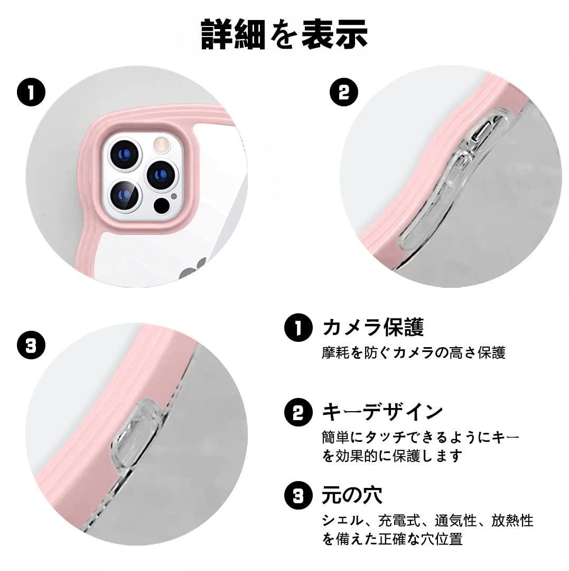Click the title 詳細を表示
tap(284, 35)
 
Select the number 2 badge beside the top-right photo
tap(343, 93)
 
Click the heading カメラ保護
tap(373, 328)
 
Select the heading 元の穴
tap(352, 495)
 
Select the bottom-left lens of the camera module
tap(125, 194)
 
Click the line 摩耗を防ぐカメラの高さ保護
tap(413, 353)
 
